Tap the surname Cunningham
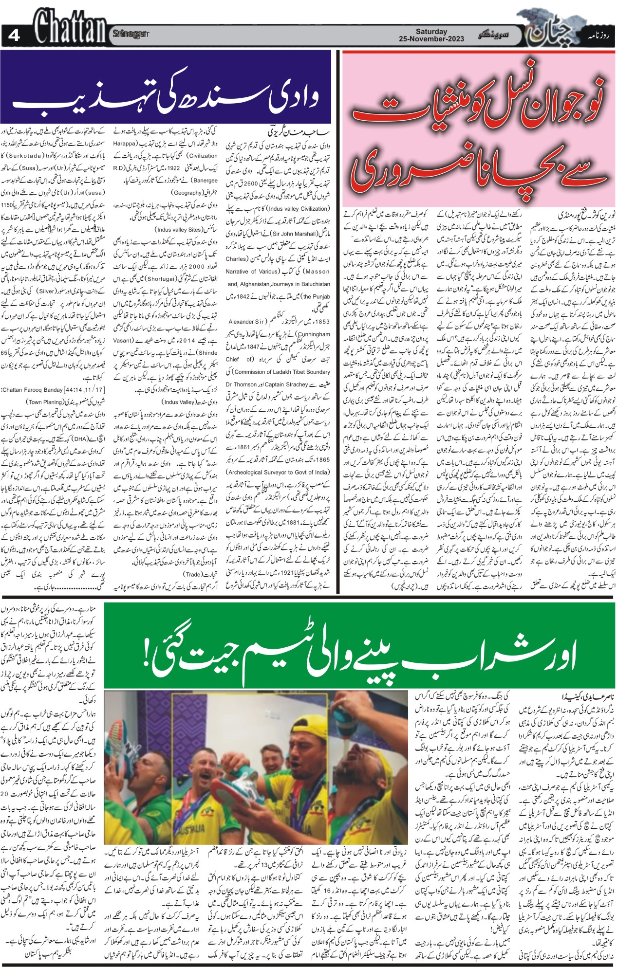pos(310,334)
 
